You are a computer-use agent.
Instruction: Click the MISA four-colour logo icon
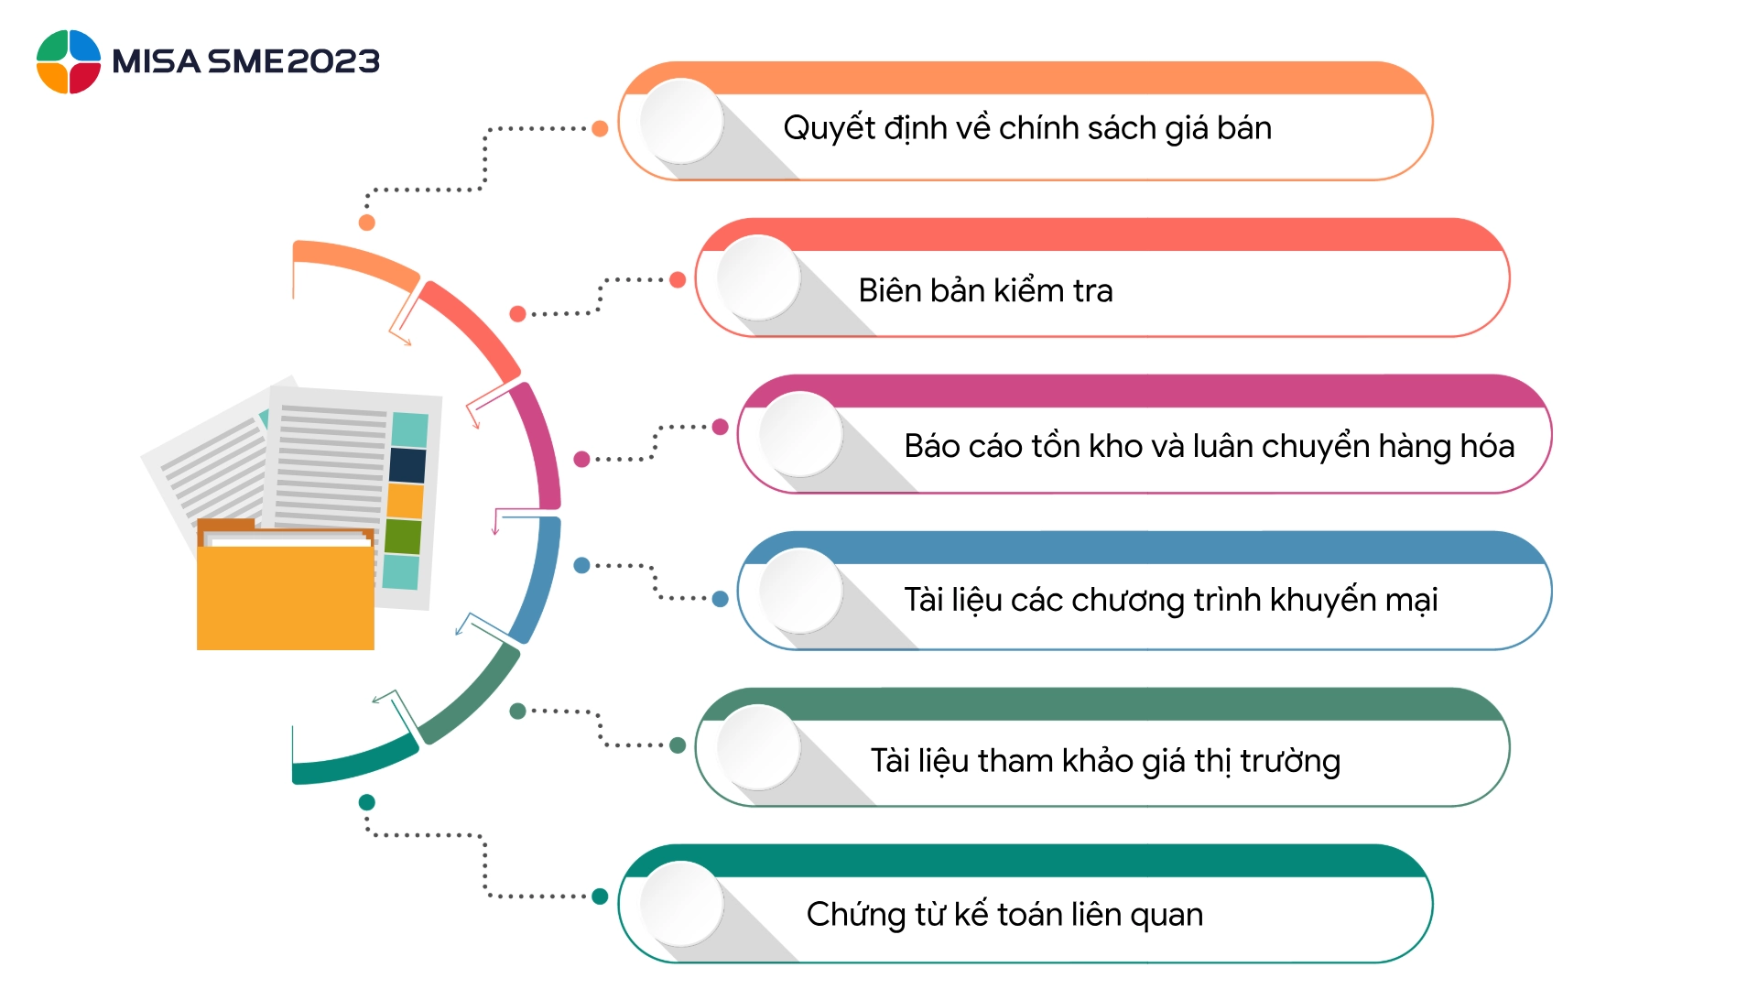(x=69, y=61)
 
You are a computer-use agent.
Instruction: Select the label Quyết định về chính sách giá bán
(x=1026, y=128)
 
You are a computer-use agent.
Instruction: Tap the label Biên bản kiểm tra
(x=985, y=290)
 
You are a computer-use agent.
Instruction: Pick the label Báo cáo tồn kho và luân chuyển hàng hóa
(x=1209, y=446)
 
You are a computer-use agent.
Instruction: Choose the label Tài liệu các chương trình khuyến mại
(x=1170, y=600)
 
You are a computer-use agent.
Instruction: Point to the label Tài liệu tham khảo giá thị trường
(x=1105, y=761)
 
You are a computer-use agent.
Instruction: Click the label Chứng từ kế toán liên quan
(x=1004, y=914)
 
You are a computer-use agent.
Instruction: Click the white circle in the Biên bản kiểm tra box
(x=758, y=277)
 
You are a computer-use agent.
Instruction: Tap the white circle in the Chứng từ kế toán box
(x=681, y=903)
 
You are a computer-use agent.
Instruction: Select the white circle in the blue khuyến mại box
(x=800, y=591)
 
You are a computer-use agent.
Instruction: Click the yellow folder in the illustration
(x=285, y=595)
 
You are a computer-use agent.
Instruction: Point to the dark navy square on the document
(x=407, y=465)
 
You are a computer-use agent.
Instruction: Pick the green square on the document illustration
(x=403, y=537)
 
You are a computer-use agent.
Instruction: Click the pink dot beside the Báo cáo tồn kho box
(x=720, y=427)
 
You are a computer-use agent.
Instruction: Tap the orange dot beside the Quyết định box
(x=600, y=128)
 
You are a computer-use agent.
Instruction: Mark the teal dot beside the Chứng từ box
(x=600, y=897)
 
